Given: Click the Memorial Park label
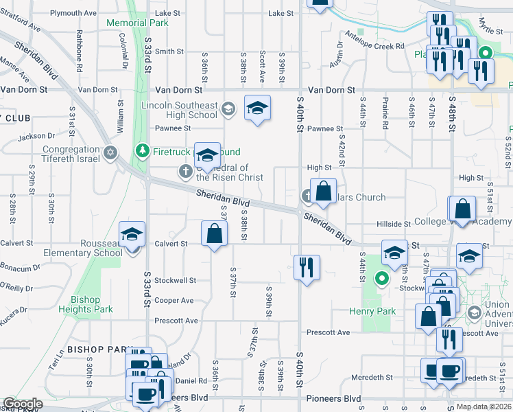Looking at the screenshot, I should coord(138,23).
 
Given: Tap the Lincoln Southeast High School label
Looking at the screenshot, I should coord(179,110).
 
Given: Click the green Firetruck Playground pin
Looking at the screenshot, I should coord(143,150).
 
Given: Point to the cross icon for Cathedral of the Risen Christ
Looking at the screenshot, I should coord(184,171).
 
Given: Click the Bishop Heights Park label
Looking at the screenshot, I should coord(92,304).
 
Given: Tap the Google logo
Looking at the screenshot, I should coord(22,404).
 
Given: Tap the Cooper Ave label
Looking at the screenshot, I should coord(174,300).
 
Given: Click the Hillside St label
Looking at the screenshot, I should coord(393,224).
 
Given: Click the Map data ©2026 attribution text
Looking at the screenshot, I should coord(484,407).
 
